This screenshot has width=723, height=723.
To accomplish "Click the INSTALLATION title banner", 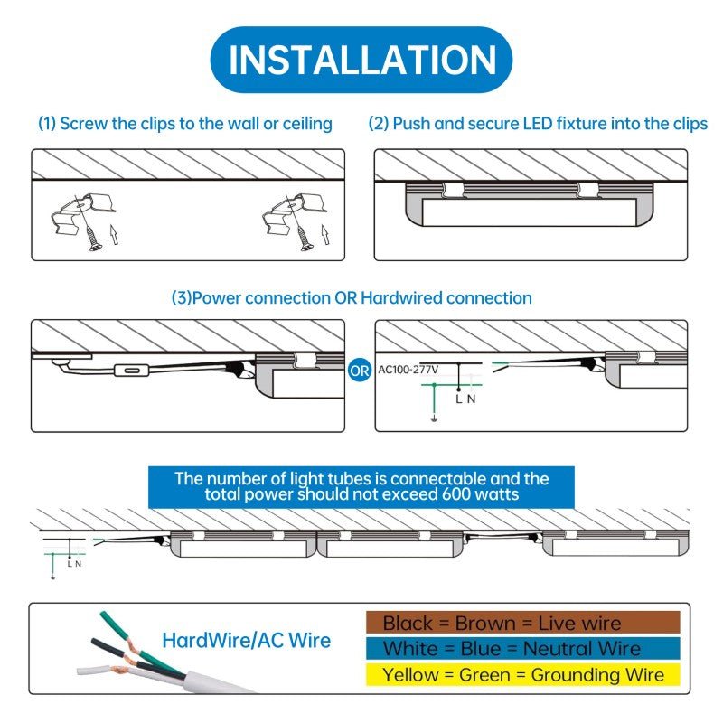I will tap(361, 60).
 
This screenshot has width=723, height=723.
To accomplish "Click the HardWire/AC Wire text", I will tap(246, 641).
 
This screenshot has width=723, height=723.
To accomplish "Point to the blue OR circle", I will tap(359, 370).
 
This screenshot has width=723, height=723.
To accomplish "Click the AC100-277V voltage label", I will tap(408, 370).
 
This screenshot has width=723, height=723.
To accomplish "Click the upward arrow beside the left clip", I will tap(114, 238).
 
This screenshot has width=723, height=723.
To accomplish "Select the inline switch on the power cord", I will tap(132, 371).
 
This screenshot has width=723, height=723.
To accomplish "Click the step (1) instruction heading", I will tap(184, 124).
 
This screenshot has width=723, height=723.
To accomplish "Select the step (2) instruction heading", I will tap(538, 124).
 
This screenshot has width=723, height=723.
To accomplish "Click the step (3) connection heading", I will tap(352, 297).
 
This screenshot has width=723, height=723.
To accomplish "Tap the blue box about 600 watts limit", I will tap(361, 487).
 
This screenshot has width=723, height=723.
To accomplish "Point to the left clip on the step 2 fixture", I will tap(453, 189).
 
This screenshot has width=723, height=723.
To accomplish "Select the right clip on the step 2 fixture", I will tap(589, 188).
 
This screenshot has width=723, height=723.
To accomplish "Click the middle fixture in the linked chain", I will tap(390, 544).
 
